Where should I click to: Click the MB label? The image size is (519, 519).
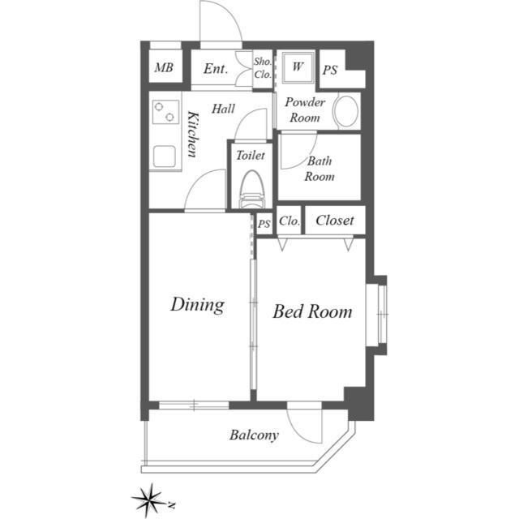pyautogui.click(x=164, y=68)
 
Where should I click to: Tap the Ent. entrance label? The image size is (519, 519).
pyautogui.click(x=216, y=69)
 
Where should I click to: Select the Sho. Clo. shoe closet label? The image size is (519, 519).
pyautogui.click(x=263, y=68)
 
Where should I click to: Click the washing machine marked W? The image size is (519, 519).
pyautogui.click(x=298, y=67)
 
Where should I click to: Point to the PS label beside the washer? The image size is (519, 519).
pyautogui.click(x=330, y=71)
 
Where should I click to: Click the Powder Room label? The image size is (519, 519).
pyautogui.click(x=305, y=109)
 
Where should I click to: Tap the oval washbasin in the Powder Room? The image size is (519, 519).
pyautogui.click(x=346, y=111)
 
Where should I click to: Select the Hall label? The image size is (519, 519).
pyautogui.click(x=224, y=109)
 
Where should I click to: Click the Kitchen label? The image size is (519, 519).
pyautogui.click(x=193, y=134)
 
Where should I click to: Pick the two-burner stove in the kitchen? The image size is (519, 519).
pyautogui.click(x=165, y=112)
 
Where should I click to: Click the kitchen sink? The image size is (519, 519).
pyautogui.click(x=164, y=157)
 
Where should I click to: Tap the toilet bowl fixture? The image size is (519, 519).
pyautogui.click(x=251, y=189)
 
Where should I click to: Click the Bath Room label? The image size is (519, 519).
pyautogui.click(x=320, y=169)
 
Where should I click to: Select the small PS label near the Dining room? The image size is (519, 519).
pyautogui.click(x=264, y=224)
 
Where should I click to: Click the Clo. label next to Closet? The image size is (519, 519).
pyautogui.click(x=290, y=221)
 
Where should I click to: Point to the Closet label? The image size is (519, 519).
pyautogui.click(x=335, y=221)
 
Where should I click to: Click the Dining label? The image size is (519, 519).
pyautogui.click(x=198, y=305)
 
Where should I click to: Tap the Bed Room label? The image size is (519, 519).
pyautogui.click(x=312, y=311)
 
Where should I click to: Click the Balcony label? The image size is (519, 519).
pyautogui.click(x=254, y=435)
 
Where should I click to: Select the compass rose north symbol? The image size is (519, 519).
pyautogui.click(x=151, y=500)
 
